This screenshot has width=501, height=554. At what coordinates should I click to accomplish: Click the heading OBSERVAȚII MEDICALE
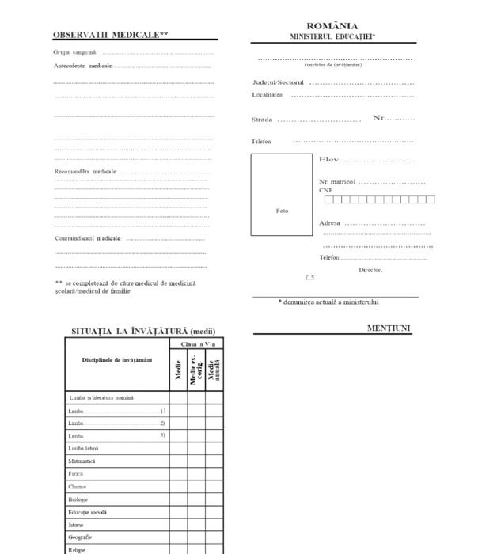[110, 35]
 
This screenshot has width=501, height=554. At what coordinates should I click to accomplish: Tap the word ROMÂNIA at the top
[332, 26]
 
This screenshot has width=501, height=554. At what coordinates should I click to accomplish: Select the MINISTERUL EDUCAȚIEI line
[332, 36]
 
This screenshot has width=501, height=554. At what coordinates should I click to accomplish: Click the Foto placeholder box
[283, 195]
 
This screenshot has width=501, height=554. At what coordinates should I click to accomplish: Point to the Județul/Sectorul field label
[278, 82]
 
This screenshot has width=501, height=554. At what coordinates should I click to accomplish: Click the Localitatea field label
[268, 95]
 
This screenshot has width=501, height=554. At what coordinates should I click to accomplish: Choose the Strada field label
[262, 120]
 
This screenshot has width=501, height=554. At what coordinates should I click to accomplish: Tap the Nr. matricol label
[337, 182]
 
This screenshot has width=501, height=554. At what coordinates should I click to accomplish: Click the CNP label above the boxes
[326, 191]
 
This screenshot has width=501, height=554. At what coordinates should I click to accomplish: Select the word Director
[370, 270]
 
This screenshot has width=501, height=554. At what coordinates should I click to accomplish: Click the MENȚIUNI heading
[389, 328]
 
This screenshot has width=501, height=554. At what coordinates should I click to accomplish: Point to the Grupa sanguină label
[76, 52]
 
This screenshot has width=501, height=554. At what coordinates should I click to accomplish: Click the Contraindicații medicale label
[88, 238]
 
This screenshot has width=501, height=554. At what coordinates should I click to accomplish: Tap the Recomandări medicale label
[85, 171]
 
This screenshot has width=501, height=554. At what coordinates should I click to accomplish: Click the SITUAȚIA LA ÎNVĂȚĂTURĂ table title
[143, 331]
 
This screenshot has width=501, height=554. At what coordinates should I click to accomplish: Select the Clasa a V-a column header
[196, 344]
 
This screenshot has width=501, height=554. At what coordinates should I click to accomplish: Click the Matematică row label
[82, 461]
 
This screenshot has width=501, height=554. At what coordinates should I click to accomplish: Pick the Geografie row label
[80, 537]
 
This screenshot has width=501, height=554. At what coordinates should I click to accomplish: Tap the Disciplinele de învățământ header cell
[117, 360]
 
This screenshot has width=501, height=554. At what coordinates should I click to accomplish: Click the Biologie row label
[78, 499]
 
